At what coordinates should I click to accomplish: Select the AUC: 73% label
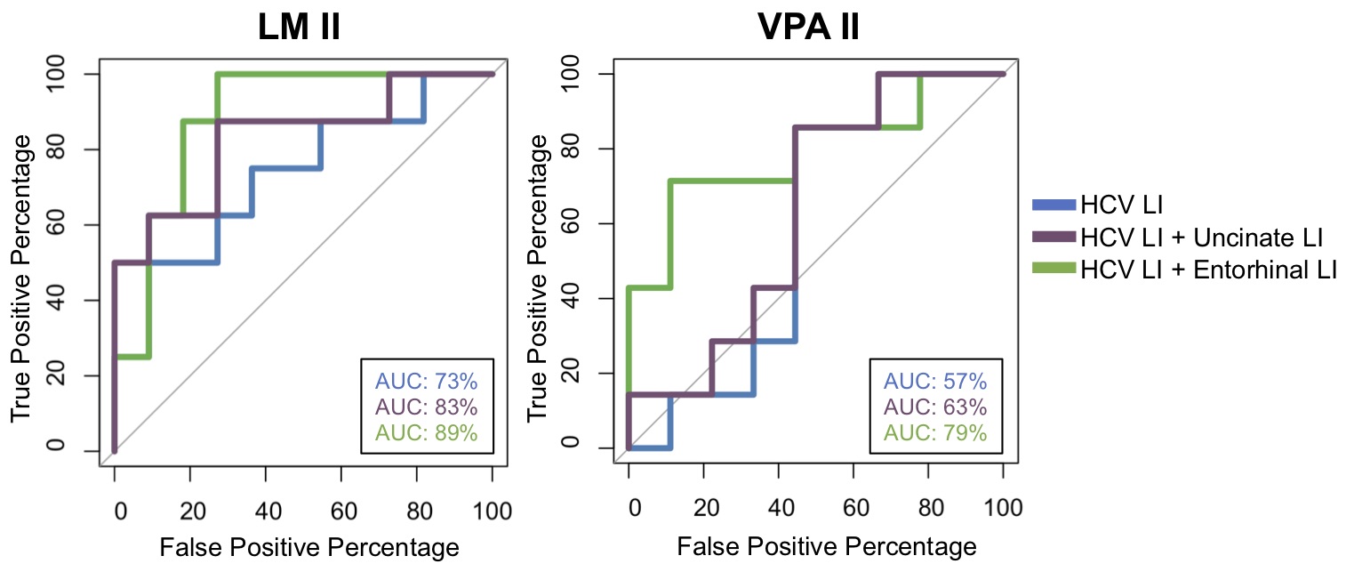coord(427,382)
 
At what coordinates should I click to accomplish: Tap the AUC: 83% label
coord(427,407)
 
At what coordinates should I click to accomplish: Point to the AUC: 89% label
coord(427,433)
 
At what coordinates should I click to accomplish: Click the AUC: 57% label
coord(935,382)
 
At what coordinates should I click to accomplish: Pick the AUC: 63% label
coord(935,407)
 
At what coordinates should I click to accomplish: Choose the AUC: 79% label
coord(935,433)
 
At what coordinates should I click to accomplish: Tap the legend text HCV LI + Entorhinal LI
coord(1208,270)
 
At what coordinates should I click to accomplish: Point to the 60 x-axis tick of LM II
coord(341,511)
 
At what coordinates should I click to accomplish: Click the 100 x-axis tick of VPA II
coord(1004,511)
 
